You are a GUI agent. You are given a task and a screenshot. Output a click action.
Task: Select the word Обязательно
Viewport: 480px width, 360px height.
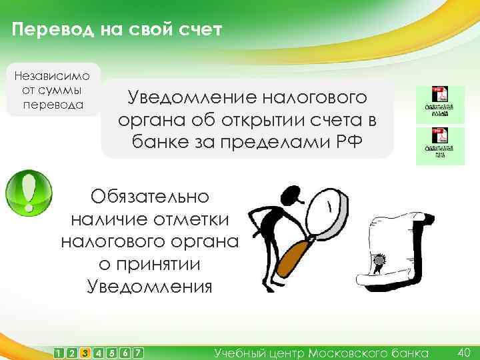click(x=150, y=197)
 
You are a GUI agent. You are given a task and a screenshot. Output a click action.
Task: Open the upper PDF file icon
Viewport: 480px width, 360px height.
click(x=438, y=103)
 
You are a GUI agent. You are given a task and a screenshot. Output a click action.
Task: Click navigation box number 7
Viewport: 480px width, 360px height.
click(x=138, y=353)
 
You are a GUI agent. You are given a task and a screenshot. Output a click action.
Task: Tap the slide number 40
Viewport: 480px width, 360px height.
click(x=465, y=351)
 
